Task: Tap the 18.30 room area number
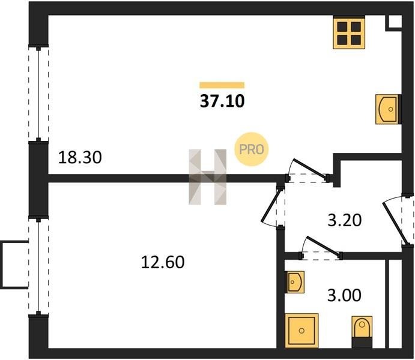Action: tap(80, 158)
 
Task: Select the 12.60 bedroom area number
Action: tap(162, 262)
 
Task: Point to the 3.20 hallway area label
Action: tap(345, 220)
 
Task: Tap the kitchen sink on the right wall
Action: tap(388, 109)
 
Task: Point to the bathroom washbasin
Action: tap(295, 281)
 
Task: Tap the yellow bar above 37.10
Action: tap(222, 85)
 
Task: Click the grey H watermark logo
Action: tap(208, 176)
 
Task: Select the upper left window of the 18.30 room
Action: tap(39, 94)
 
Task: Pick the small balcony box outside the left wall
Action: tap(14, 264)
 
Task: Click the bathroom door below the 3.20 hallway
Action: tap(321, 247)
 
